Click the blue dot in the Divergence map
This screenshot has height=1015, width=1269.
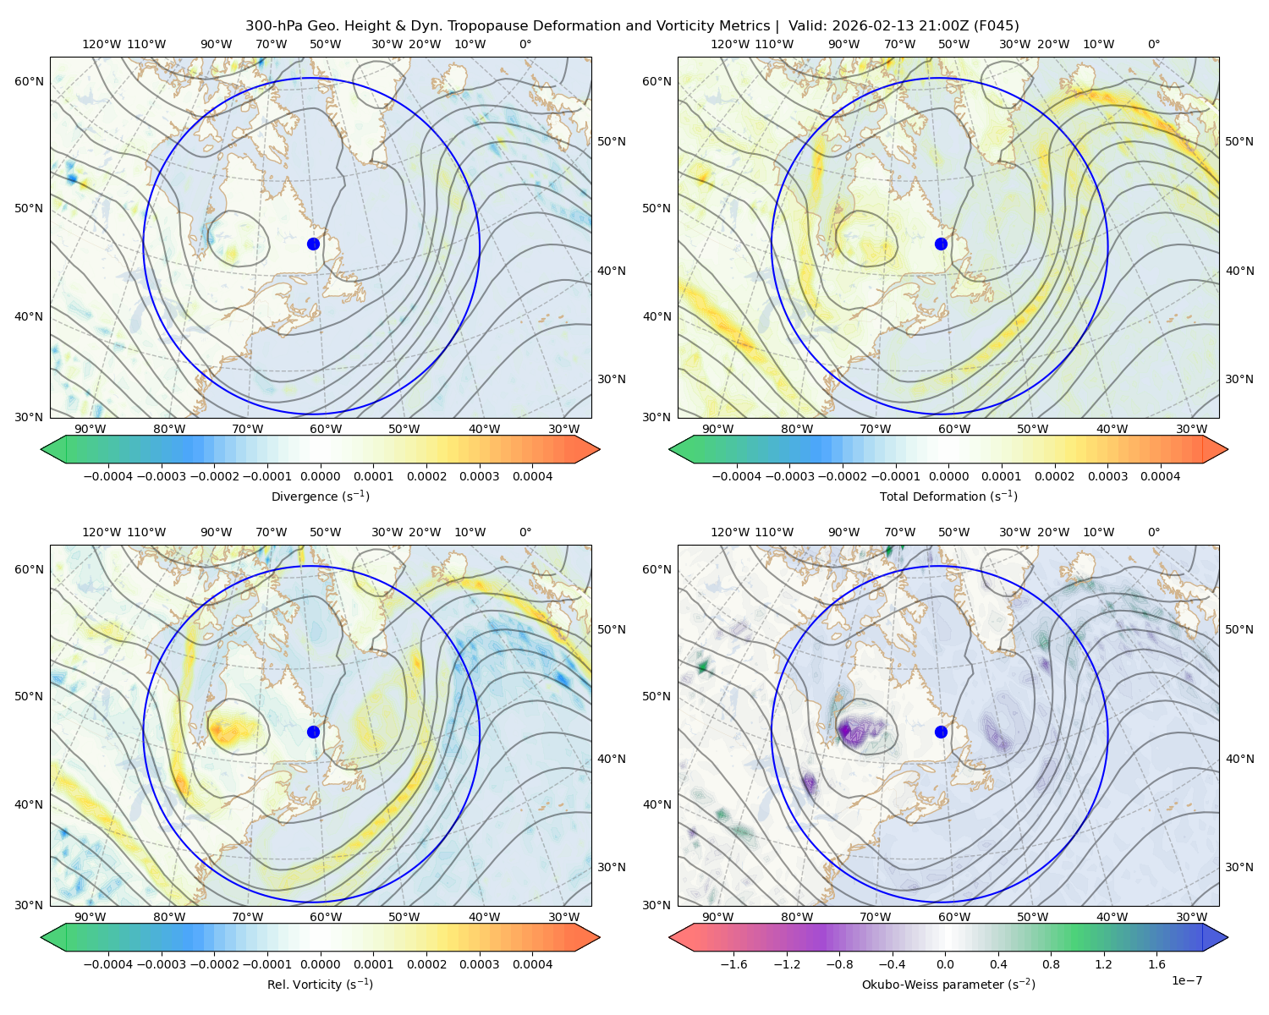313,244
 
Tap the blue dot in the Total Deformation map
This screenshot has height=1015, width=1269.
941,244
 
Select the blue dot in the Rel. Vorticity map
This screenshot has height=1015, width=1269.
313,732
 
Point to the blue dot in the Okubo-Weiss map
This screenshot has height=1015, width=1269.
941,732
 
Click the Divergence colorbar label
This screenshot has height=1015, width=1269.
320,496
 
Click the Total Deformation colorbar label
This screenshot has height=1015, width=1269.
948,496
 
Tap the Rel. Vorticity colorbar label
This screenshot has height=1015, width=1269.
320,985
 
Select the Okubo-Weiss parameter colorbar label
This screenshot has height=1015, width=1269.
948,985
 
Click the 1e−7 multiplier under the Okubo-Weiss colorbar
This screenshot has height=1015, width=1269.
1186,980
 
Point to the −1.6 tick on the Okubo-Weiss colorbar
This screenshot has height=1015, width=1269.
734,964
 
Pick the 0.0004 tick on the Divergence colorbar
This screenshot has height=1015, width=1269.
532,476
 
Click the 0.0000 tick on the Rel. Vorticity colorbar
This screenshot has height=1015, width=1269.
320,964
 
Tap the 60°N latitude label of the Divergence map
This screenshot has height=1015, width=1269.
29,81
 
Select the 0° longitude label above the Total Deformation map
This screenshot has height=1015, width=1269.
1153,44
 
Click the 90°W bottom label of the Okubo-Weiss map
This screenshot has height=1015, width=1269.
717,917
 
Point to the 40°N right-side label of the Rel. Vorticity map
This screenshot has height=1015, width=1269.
612,759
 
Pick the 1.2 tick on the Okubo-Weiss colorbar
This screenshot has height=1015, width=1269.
1103,964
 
